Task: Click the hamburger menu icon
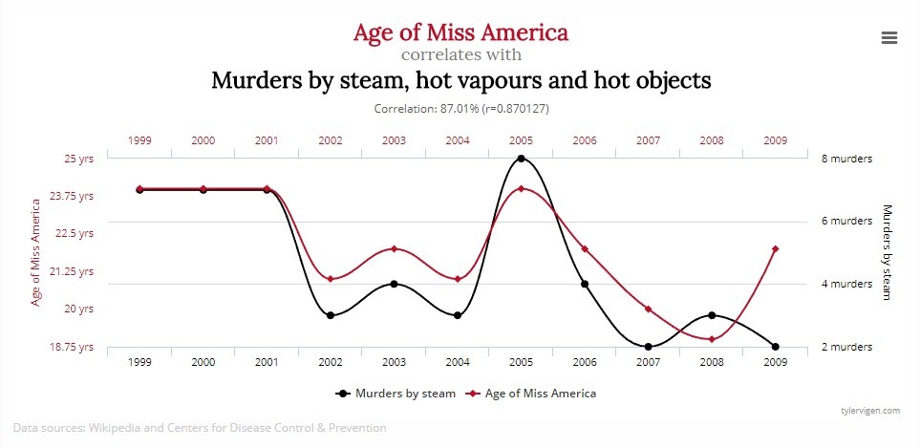coord(888,37)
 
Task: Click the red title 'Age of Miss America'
coord(460,32)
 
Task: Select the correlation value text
coord(460,109)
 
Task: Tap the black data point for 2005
coord(521,159)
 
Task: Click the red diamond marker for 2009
coord(776,249)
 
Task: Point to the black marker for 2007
coord(649,347)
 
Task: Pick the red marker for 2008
coord(712,339)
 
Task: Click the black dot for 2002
coord(331,315)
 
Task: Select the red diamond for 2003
coord(394,249)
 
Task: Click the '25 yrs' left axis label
coord(78,159)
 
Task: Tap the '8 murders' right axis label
coord(846,159)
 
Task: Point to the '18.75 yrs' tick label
coord(73,347)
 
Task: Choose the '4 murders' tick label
coord(846,284)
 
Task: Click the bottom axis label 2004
coord(458,364)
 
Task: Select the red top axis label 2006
coord(585,140)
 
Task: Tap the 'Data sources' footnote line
coord(200,428)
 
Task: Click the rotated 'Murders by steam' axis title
coord(887,252)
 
